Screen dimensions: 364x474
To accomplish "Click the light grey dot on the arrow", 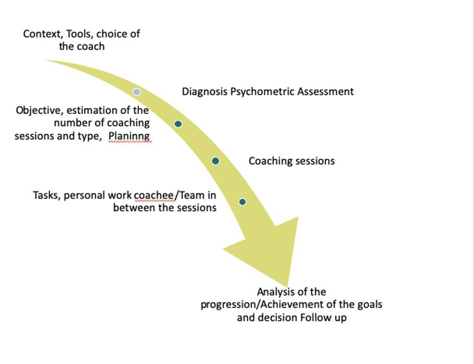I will click(x=137, y=92).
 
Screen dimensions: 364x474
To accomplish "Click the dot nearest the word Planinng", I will click(x=178, y=124).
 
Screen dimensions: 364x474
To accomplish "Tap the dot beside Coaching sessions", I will click(x=215, y=161).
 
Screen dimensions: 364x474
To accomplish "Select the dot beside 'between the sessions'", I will click(x=242, y=202).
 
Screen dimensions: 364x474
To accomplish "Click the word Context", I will click(x=42, y=34).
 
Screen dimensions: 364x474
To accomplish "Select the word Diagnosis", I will click(x=204, y=92).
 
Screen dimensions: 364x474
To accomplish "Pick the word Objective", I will click(x=38, y=111).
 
